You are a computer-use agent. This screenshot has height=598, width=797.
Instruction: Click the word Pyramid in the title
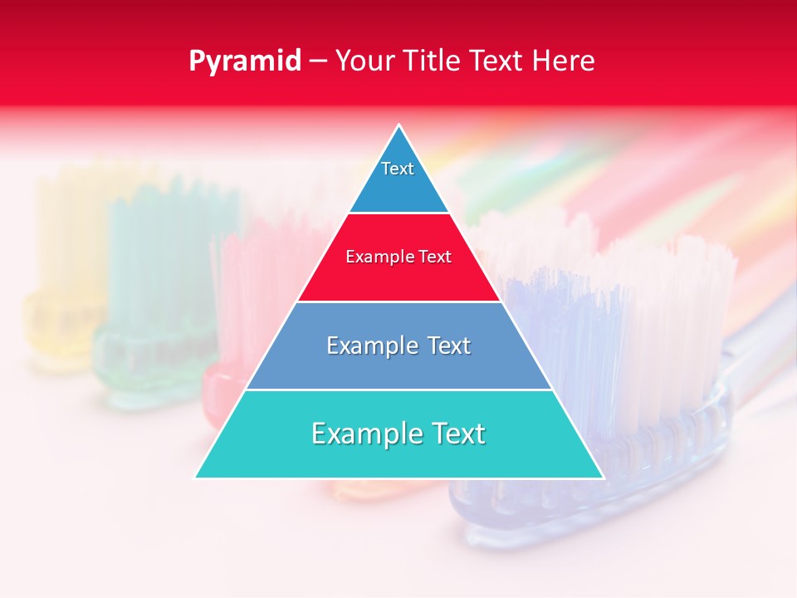click(244, 61)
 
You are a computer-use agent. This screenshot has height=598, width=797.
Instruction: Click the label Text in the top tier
click(398, 169)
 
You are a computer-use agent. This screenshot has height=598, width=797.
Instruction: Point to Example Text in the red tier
click(398, 257)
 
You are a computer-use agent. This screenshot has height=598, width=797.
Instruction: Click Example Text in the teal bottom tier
click(398, 434)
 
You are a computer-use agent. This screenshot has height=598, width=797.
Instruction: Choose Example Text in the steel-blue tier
click(398, 346)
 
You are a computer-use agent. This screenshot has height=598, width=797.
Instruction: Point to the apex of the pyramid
click(399, 127)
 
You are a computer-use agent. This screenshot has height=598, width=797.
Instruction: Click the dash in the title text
click(317, 61)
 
